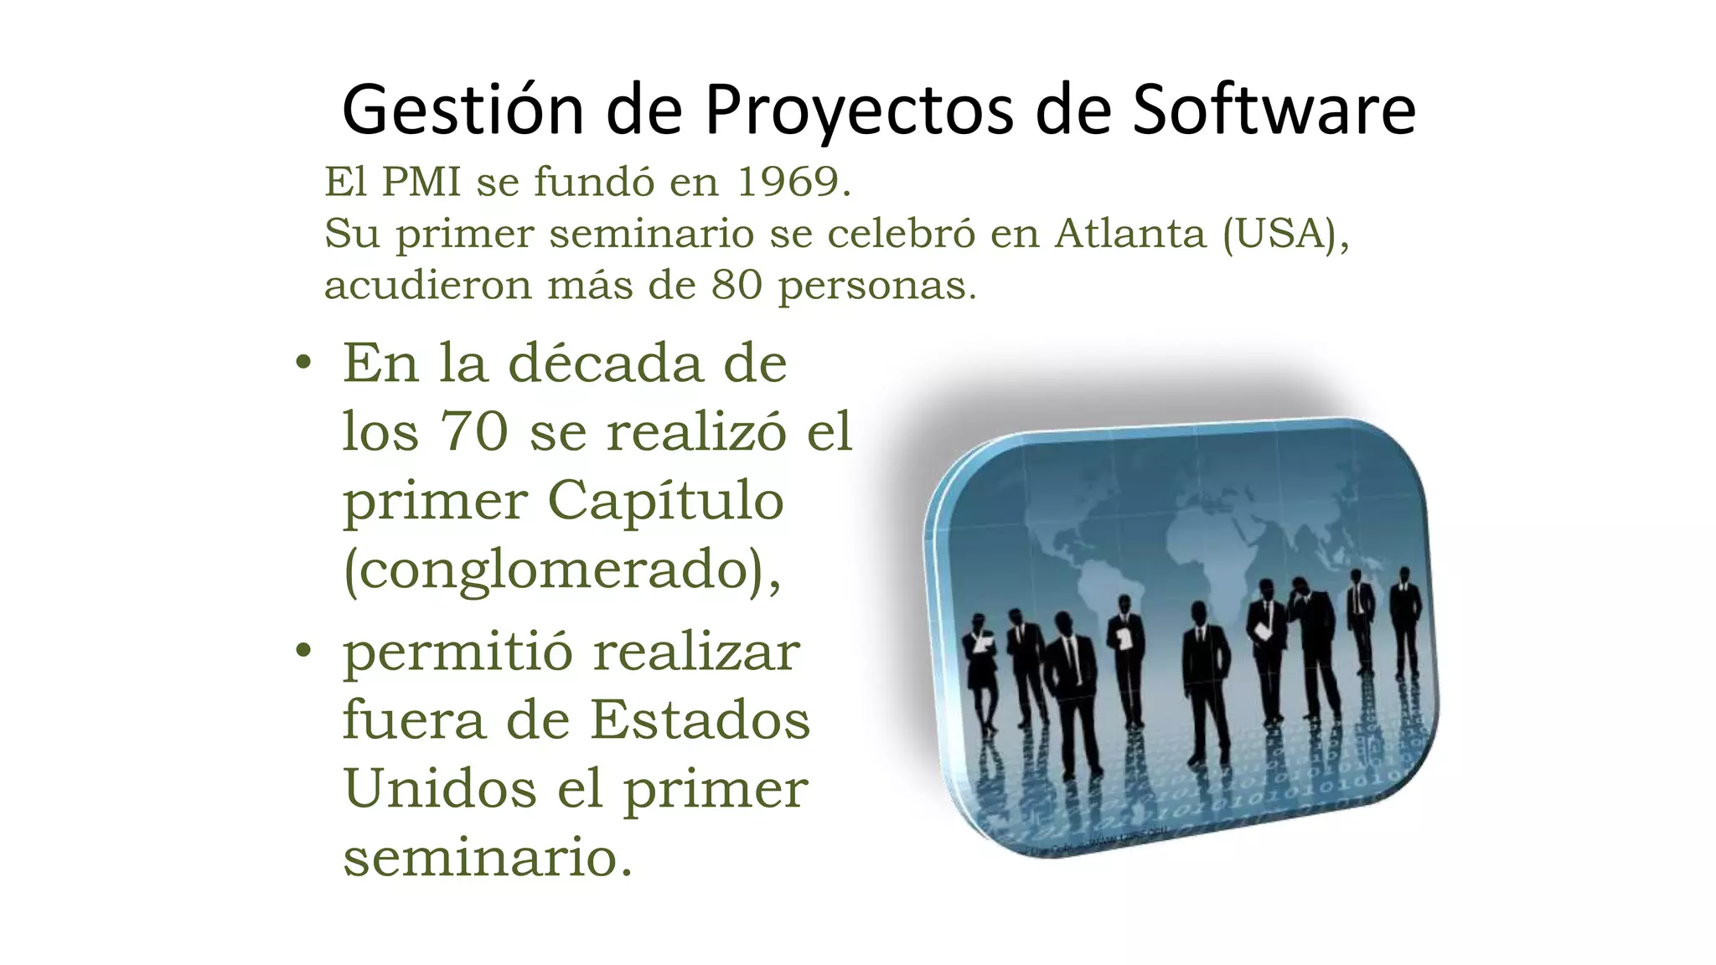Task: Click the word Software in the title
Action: click(1274, 110)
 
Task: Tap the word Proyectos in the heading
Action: click(858, 110)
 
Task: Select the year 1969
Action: click(788, 182)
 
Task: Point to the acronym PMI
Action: click(421, 182)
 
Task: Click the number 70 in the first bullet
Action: click(474, 431)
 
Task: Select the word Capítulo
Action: click(665, 501)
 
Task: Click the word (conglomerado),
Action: click(562, 570)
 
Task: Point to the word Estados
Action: click(700, 720)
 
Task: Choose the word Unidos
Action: click(440, 789)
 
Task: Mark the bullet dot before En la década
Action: click(303, 364)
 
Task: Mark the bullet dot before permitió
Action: click(303, 650)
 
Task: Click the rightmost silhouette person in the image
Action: click(1404, 620)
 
